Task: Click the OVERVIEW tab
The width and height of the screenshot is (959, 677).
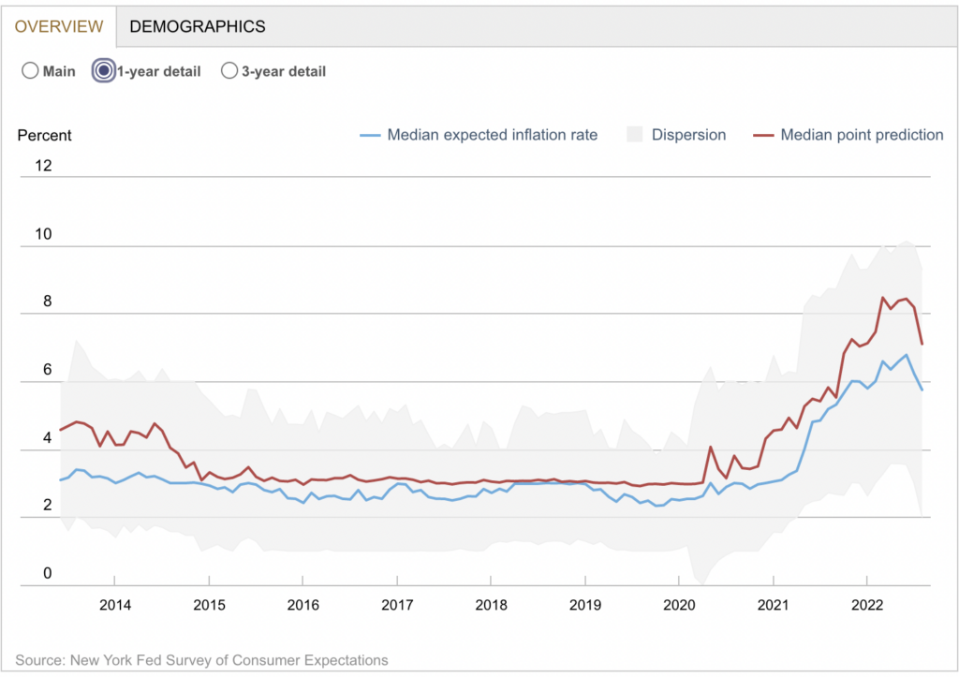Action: point(57,26)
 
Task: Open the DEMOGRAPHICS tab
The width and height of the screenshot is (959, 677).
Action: point(198,26)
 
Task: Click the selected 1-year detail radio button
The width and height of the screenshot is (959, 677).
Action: point(103,71)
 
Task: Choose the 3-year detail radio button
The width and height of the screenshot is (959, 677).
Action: point(229,71)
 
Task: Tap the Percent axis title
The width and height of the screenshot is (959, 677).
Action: point(45,135)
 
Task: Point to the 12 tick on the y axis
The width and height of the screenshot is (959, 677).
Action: point(44,167)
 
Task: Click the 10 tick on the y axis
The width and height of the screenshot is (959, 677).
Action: point(44,235)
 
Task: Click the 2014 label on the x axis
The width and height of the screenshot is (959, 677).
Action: point(115,604)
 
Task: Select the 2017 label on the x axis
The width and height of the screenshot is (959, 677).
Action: point(397,604)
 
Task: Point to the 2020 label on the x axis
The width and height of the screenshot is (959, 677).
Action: point(679,604)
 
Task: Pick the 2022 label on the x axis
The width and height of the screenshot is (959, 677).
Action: point(867,604)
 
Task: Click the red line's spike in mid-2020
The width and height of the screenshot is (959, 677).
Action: point(711,448)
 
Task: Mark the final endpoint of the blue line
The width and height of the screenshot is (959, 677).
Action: point(922,390)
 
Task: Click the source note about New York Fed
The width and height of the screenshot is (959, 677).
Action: point(201,660)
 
